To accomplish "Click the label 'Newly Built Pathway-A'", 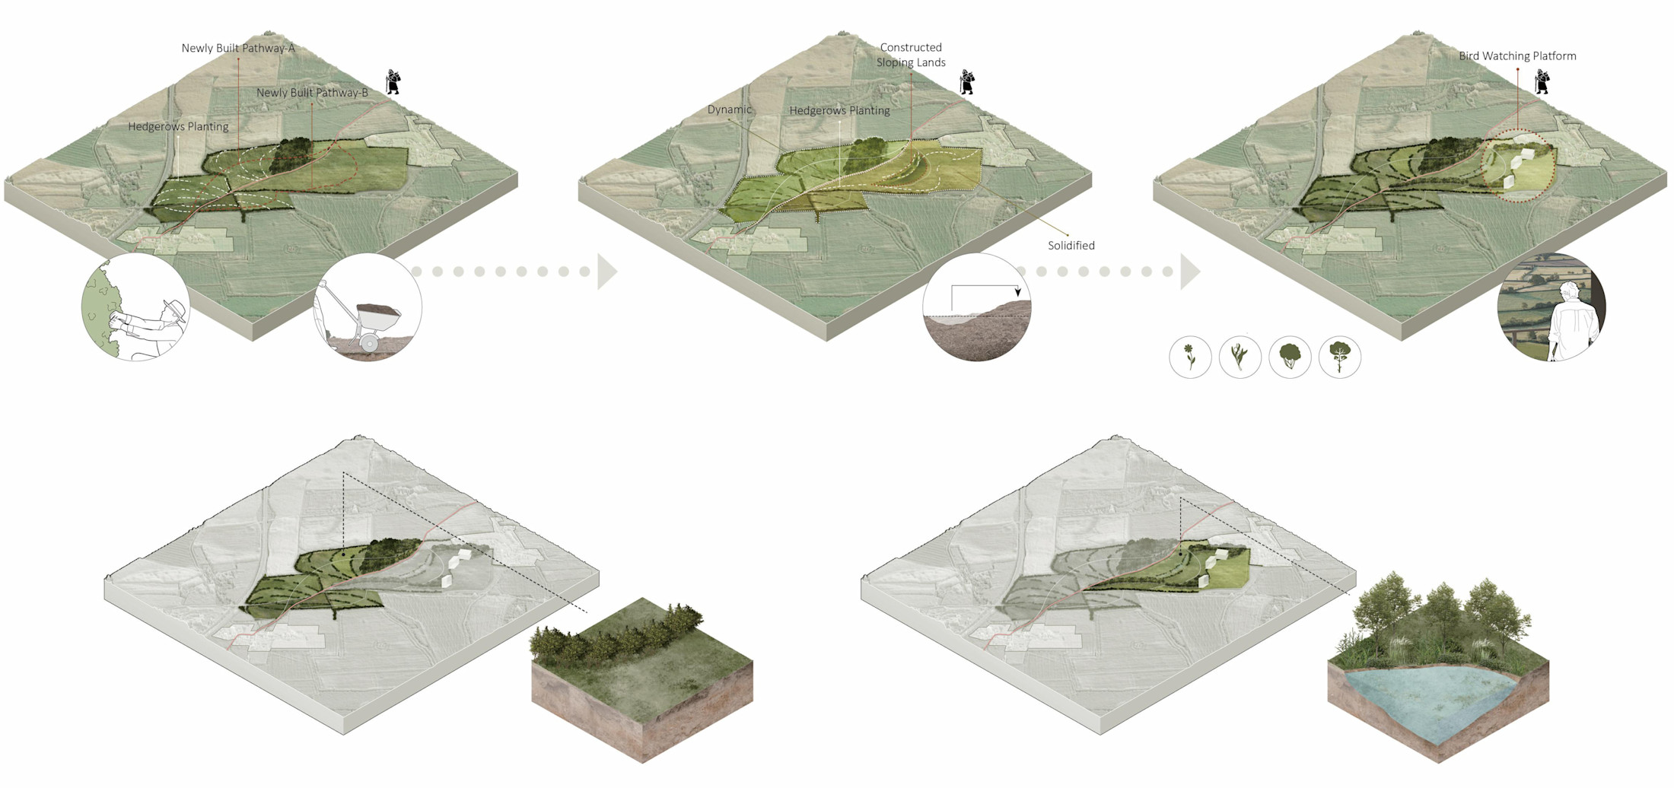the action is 238,48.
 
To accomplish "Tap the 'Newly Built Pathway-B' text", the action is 312,93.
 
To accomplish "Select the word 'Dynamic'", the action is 730,110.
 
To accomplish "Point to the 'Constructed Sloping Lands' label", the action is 911,55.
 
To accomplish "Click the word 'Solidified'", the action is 1071,246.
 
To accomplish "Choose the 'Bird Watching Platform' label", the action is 1517,56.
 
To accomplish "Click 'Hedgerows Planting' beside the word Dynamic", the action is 839,111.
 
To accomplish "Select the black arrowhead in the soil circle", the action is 1018,292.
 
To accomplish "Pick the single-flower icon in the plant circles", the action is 1190,357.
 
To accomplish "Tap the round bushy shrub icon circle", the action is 1290,357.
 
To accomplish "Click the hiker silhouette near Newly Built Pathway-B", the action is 393,81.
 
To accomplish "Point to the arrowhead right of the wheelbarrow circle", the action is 607,272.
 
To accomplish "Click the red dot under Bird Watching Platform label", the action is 1517,69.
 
